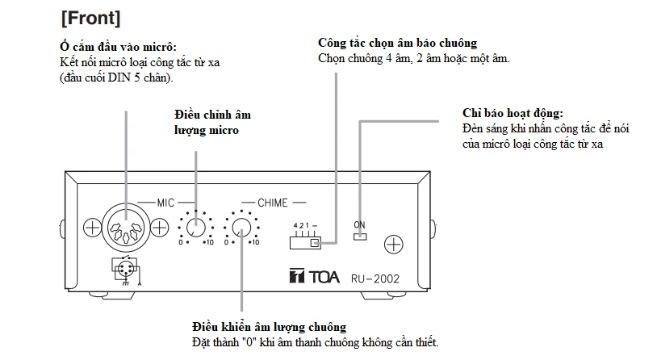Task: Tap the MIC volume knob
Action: [195, 228]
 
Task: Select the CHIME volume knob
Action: [241, 228]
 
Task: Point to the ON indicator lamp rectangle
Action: [359, 237]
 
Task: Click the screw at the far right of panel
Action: [393, 243]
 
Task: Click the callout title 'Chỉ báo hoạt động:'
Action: [513, 113]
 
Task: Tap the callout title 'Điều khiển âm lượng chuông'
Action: [270, 327]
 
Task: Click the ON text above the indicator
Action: [359, 224]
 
